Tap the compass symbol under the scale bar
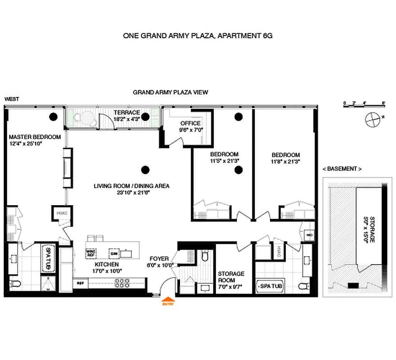[x=373, y=120]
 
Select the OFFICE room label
[x=190, y=123]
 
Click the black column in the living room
[x=145, y=170]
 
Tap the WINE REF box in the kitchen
[x=91, y=253]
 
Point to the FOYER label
[x=160, y=259]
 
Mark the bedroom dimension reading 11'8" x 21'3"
[x=285, y=161]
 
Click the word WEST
[x=12, y=99]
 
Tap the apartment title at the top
[x=198, y=36]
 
